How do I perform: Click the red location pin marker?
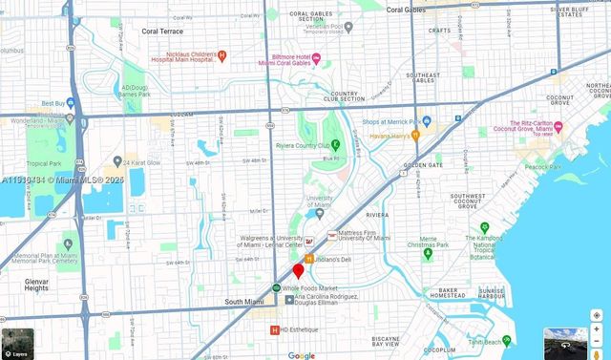(298, 271)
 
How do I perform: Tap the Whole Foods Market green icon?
(276, 287)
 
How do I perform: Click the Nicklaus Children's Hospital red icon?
(222, 55)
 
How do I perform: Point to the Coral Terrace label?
(162, 31)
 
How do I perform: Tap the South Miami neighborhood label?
(244, 302)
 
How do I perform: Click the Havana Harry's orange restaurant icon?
(415, 135)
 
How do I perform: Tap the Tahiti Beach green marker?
(507, 341)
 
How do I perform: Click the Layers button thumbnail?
(17, 343)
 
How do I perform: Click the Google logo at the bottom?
(302, 355)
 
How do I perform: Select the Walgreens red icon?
(309, 242)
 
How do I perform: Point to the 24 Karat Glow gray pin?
(117, 161)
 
